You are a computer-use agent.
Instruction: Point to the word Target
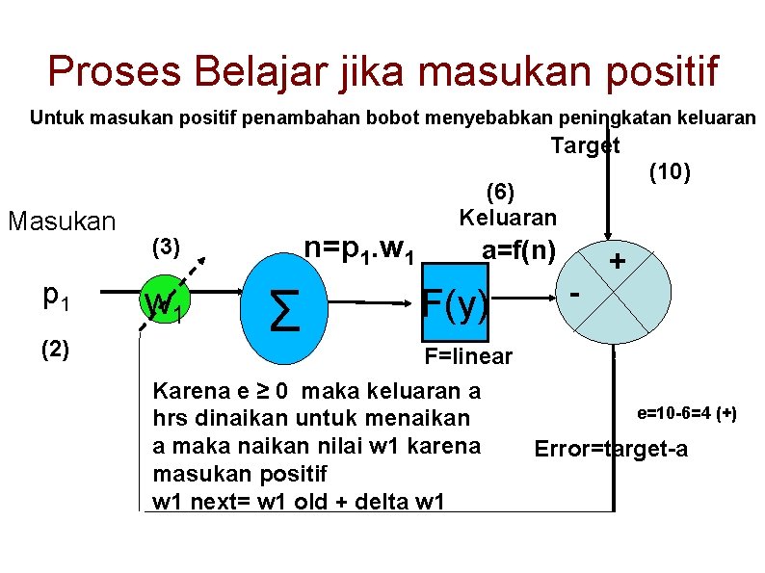pos(585,145)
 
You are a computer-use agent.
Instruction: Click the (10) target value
pos(668,172)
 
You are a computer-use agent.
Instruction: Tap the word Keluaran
pos(508,217)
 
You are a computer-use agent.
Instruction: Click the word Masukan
pos(62,221)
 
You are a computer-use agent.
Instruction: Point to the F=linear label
pos(468,357)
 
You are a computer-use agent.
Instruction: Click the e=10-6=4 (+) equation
pos(687,413)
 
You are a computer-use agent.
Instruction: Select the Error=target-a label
pos(611,449)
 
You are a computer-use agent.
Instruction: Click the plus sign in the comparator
pos(617,261)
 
